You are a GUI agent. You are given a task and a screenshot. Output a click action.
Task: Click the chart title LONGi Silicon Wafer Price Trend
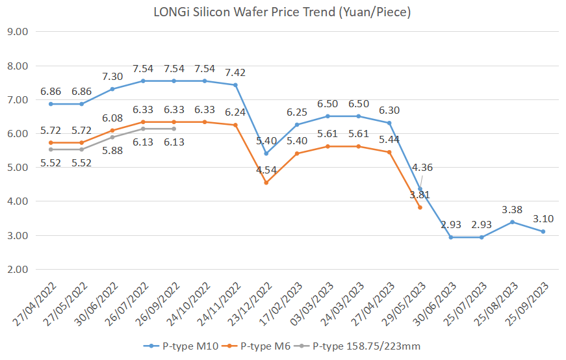pyautogui.click(x=283, y=12)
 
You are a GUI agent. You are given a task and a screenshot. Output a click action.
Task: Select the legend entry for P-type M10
pyautogui.click(x=181, y=346)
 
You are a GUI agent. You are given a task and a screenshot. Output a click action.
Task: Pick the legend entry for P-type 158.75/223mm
pyautogui.click(x=364, y=346)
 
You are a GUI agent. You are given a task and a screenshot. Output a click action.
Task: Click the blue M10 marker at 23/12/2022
pyautogui.click(x=266, y=154)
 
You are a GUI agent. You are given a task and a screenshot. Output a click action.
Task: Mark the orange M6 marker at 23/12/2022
pyautogui.click(x=266, y=183)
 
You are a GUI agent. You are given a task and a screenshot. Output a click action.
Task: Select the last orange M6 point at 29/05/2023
pyautogui.click(x=420, y=207)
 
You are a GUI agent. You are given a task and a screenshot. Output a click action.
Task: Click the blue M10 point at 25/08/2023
pyautogui.click(x=512, y=222)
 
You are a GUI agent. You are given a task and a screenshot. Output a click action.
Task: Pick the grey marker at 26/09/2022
pyautogui.click(x=174, y=129)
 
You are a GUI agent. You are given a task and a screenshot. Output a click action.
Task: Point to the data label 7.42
pyautogui.click(x=235, y=72)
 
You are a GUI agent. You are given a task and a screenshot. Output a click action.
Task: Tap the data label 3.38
pyautogui.click(x=512, y=209)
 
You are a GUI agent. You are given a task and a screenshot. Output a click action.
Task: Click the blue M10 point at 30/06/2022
pyautogui.click(x=112, y=88)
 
